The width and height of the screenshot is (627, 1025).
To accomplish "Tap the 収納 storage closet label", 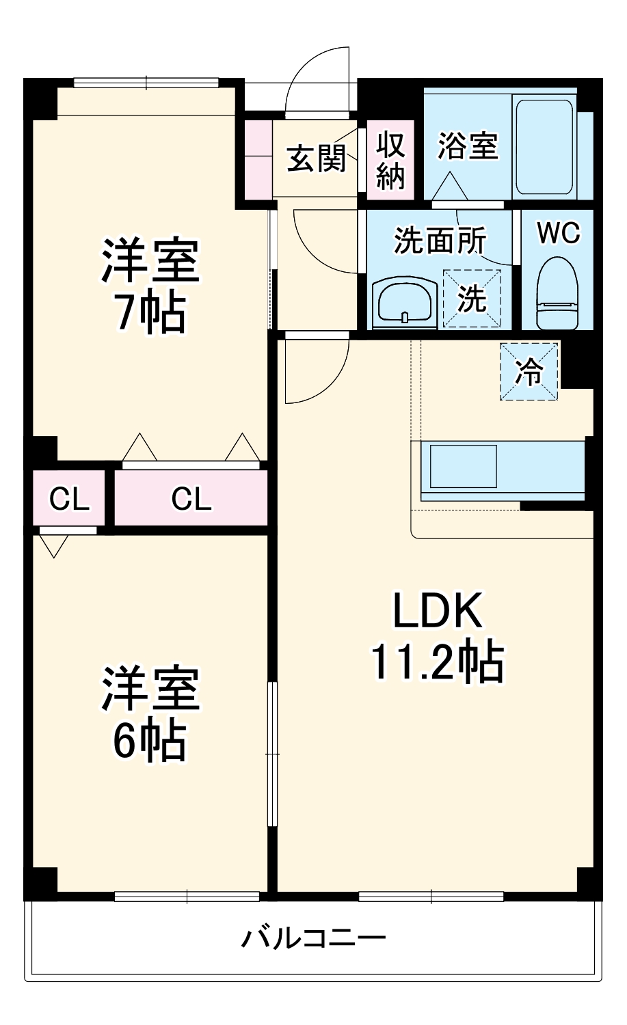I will pos(391,161).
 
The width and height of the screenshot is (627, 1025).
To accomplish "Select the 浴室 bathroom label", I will pos(468,145).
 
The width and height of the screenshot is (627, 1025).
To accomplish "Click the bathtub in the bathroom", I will pos(544,147).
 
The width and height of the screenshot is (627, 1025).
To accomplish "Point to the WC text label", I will pos(558,233).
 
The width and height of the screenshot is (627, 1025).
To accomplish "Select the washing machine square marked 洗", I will pos(472,299).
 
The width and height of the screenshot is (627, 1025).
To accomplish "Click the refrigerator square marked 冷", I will pos(529,372).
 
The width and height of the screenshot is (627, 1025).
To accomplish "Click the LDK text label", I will pos(438,611).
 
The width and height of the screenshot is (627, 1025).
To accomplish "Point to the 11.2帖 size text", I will pos(438,661).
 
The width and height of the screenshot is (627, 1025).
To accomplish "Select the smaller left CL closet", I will pos(68,499).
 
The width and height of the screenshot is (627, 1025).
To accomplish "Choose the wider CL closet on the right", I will pos(191,499).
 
